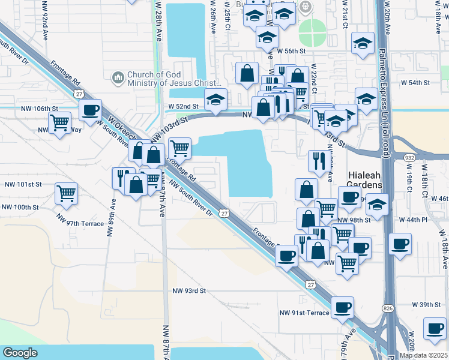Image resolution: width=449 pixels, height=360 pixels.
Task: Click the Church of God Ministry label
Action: (x=168, y=80)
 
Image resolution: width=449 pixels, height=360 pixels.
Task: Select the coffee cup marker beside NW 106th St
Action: (x=90, y=110)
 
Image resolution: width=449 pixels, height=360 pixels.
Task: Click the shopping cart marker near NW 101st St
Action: (x=66, y=193)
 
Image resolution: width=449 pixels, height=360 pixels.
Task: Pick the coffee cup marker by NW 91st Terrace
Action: (x=342, y=307)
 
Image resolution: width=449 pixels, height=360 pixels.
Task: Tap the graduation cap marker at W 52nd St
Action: (x=215, y=99)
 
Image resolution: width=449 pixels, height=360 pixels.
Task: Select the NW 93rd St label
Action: (x=188, y=290)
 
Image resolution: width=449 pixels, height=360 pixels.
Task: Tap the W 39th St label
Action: (x=430, y=305)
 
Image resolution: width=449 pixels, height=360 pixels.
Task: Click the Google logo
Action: (x=20, y=353)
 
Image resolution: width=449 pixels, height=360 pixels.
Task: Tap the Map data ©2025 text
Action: (x=423, y=355)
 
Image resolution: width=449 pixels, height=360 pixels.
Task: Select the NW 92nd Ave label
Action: (x=46, y=24)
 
